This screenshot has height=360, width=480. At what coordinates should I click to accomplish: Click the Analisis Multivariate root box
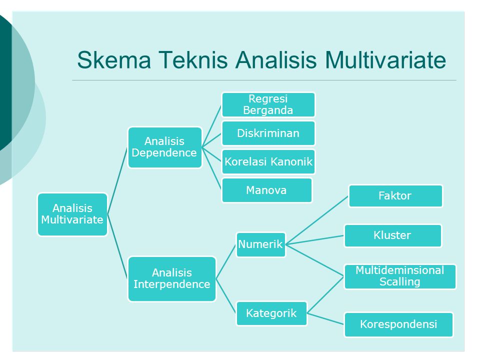tap(72, 214)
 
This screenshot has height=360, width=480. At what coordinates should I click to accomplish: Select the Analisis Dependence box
tap(164, 147)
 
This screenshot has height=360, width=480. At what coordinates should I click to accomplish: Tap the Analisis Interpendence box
tap(171, 279)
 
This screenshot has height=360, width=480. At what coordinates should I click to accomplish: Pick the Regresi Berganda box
tap(268, 104)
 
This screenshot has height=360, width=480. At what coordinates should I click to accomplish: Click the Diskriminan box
tap(268, 133)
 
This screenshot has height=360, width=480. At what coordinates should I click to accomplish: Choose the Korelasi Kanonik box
tap(268, 162)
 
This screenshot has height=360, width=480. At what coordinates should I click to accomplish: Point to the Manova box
tap(267, 190)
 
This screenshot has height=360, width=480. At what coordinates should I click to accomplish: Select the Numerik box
tap(260, 244)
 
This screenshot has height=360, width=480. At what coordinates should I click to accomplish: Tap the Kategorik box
tap(271, 313)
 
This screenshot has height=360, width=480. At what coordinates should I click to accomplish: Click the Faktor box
tap(395, 196)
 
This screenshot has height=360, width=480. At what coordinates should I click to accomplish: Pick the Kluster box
tap(392, 235)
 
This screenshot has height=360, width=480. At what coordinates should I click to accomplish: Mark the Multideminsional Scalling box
tap(400, 276)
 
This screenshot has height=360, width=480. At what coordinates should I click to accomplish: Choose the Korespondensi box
tap(398, 324)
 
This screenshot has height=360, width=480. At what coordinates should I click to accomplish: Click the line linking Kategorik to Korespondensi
tap(325, 319)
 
